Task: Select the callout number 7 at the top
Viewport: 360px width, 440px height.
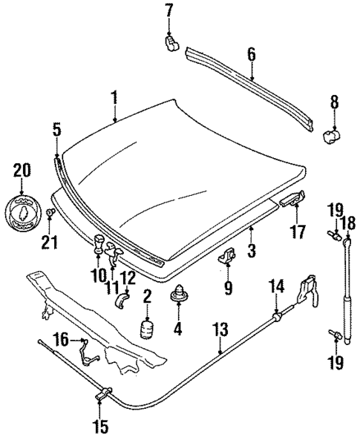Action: (x=168, y=10)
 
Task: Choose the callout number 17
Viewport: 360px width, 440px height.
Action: (x=297, y=232)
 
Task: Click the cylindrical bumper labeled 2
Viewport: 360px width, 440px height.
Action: (x=148, y=329)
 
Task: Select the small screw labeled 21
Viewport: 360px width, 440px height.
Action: (x=50, y=216)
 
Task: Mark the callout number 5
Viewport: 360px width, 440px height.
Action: (x=56, y=129)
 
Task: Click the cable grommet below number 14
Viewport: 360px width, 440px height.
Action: (x=275, y=318)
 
